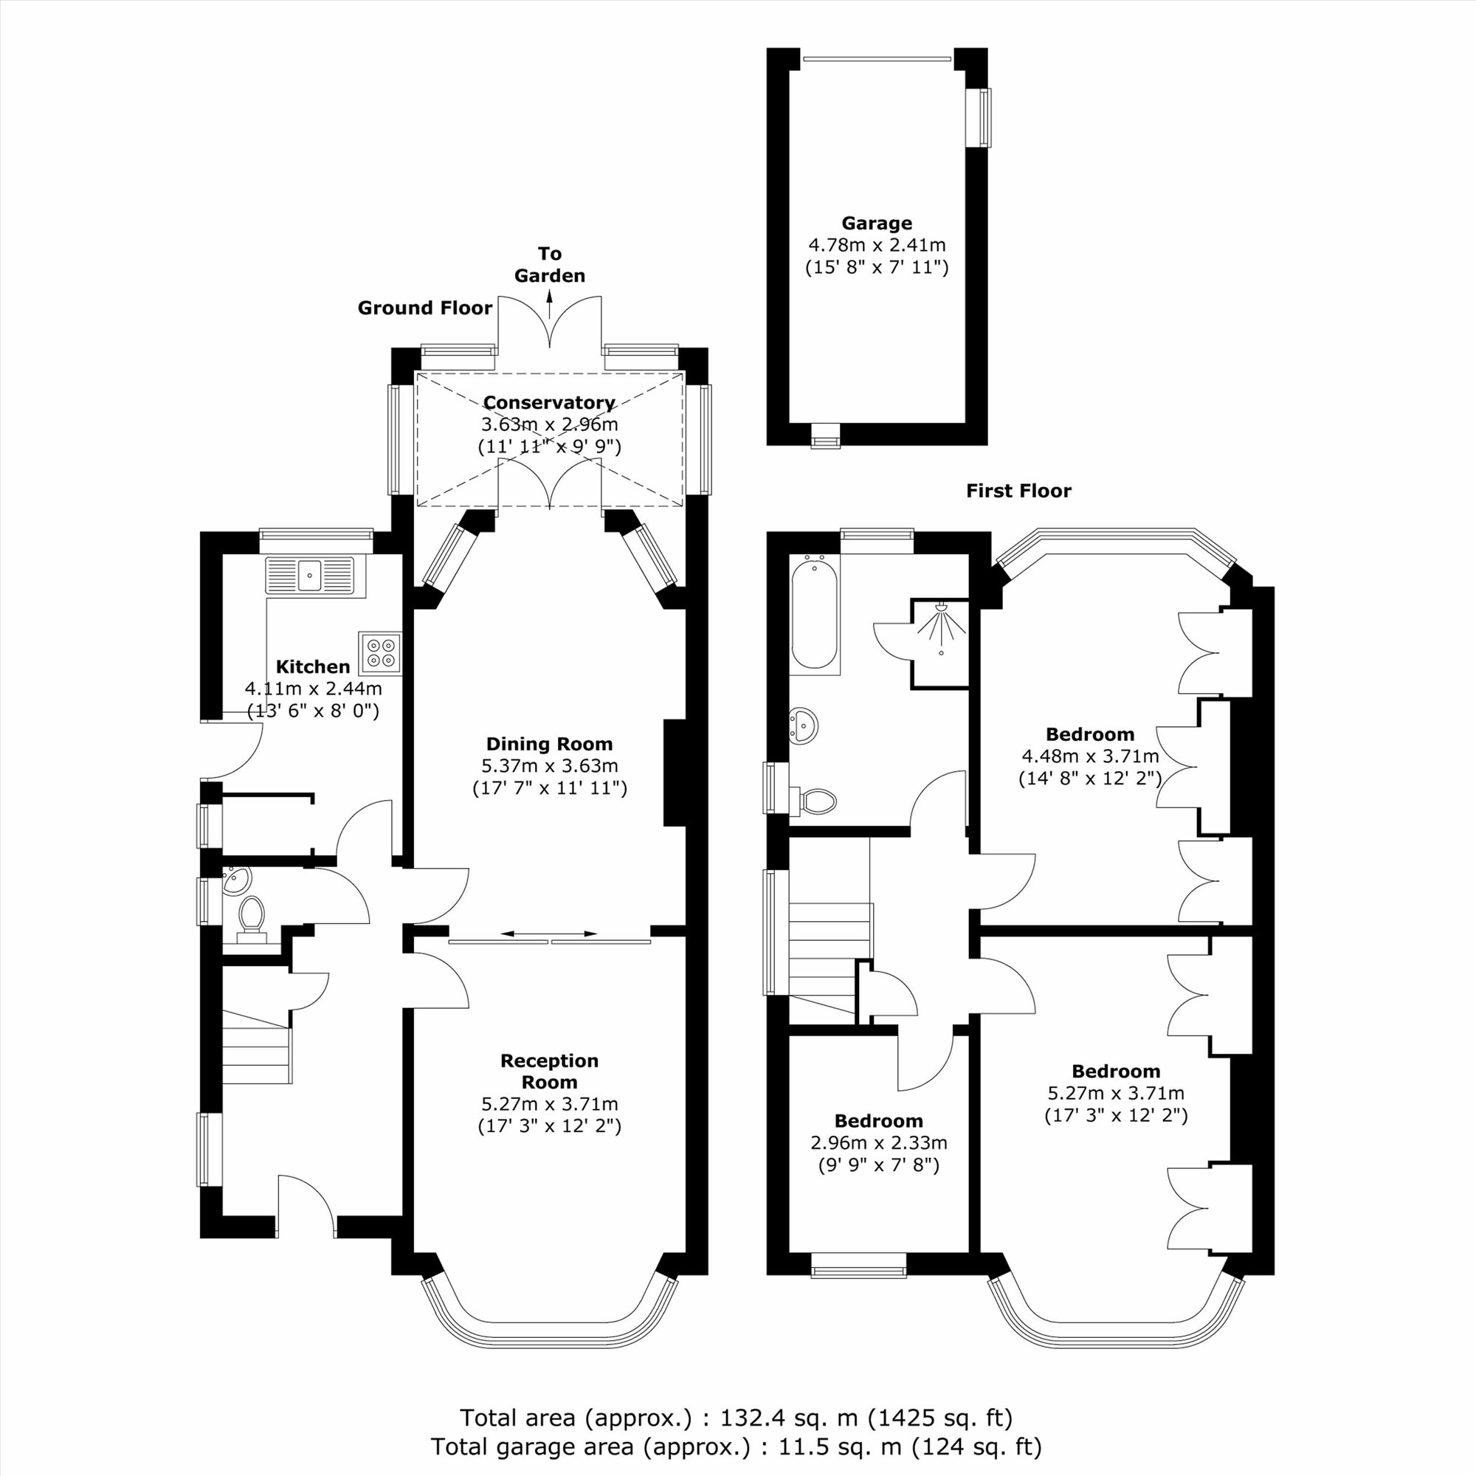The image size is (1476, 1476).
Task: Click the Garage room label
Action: point(876,223)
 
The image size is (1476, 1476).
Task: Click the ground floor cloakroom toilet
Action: point(252,920)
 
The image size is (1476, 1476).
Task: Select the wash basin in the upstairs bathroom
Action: point(803,723)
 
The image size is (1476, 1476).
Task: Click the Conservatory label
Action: point(548,403)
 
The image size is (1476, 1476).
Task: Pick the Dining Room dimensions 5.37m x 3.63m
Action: point(549,765)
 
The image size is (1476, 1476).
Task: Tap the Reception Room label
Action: point(548,1071)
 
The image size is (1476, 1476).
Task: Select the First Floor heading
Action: point(1018,491)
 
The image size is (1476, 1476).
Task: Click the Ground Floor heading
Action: point(425,308)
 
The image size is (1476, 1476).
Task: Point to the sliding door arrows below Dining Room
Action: point(549,934)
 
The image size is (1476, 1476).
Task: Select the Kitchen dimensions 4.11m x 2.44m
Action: point(313,689)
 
